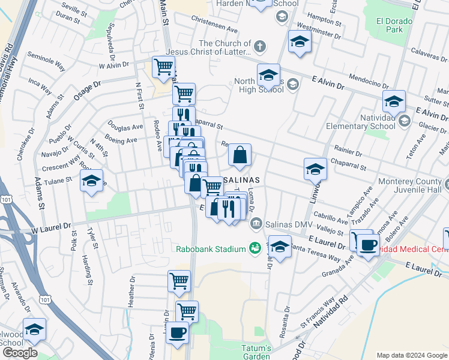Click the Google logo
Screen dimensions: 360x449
coord(19,353)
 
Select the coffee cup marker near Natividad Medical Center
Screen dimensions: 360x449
coord(368,244)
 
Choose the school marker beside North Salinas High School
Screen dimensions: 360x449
coord(268,74)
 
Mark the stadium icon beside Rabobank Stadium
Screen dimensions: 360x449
coord(255,248)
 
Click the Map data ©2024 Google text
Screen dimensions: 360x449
coord(411,355)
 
